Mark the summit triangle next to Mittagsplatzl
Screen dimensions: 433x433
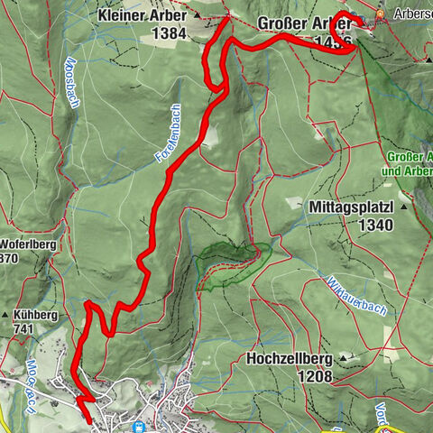point(405,207)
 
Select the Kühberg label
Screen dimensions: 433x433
point(36,317)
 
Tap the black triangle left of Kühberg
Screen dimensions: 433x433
point(8,317)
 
